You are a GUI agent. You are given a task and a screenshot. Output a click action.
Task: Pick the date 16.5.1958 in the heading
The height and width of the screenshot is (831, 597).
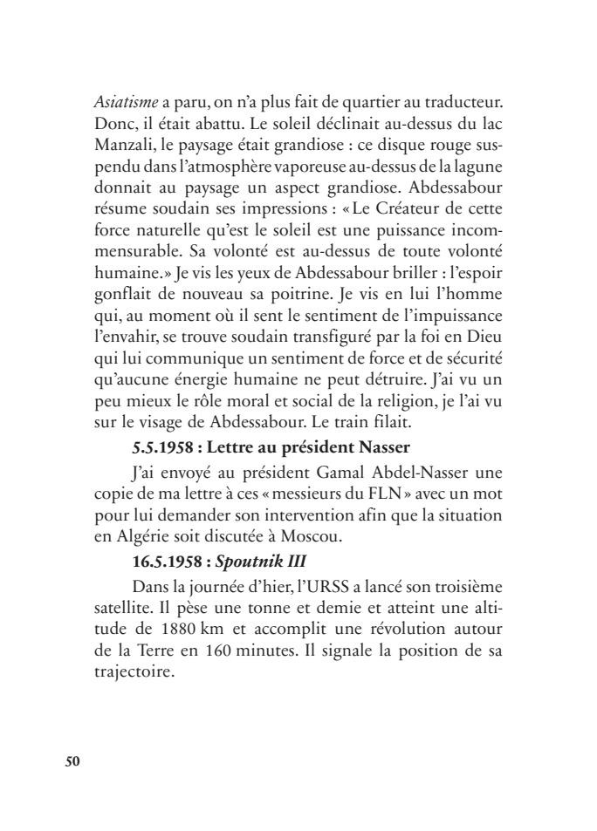click(167, 553)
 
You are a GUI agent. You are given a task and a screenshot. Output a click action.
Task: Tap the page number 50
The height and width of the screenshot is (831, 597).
click(73, 761)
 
